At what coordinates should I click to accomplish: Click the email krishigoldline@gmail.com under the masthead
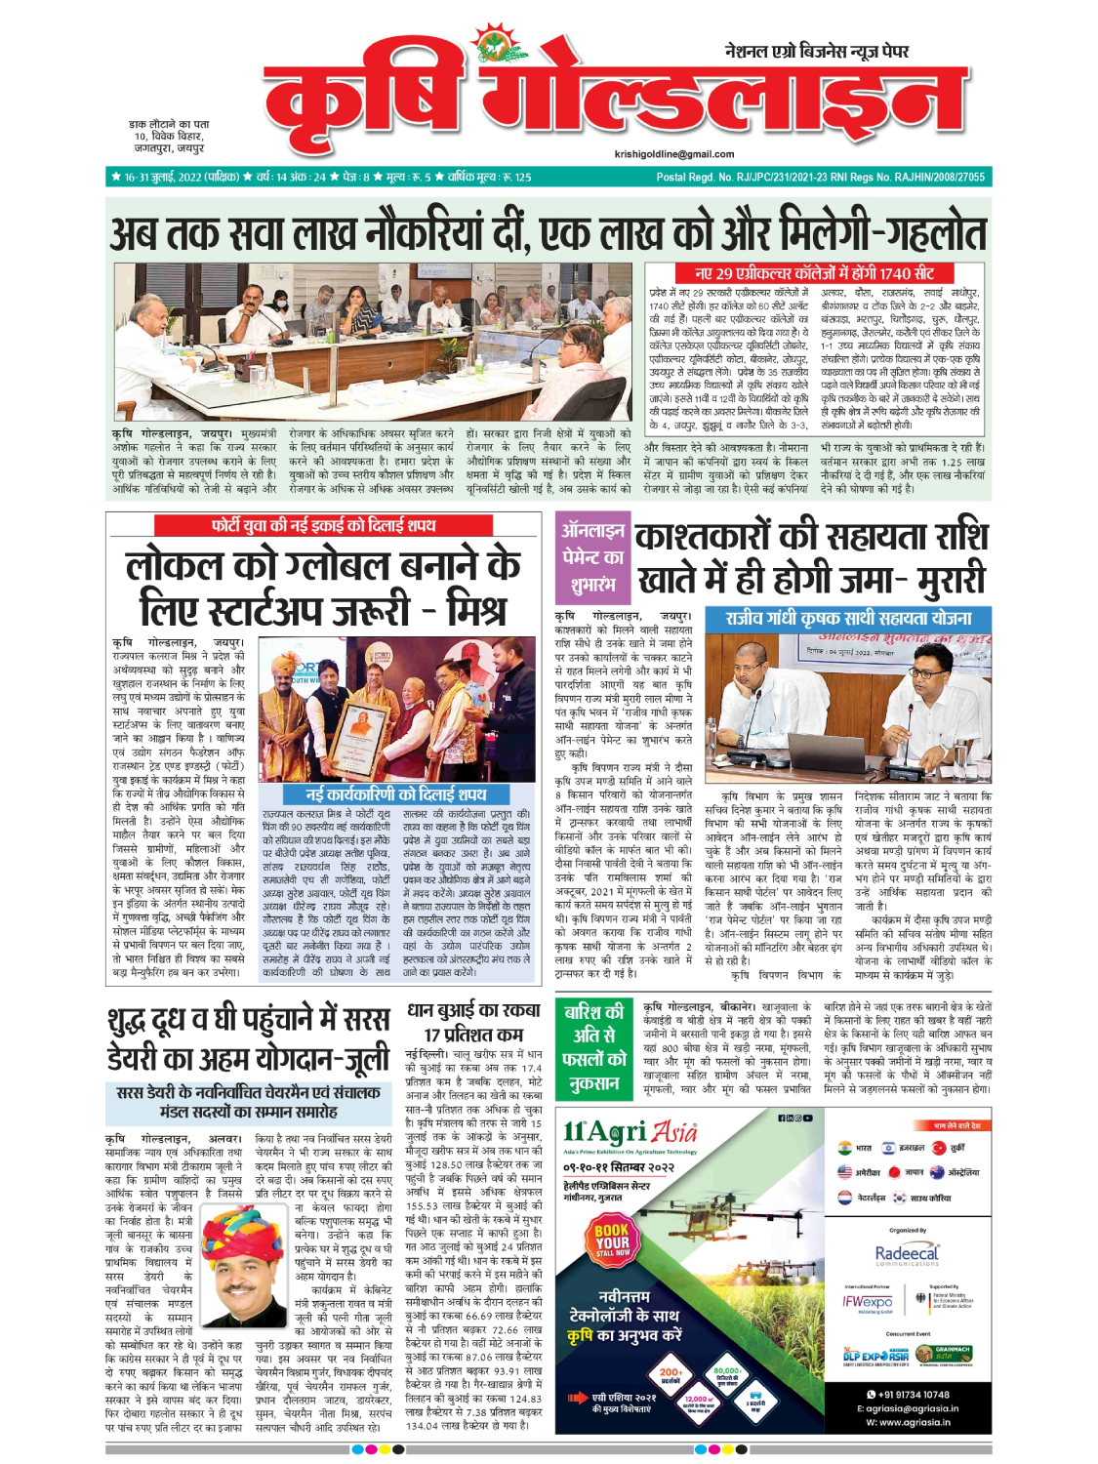click(674, 154)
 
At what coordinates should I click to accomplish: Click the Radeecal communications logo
click(907, 1254)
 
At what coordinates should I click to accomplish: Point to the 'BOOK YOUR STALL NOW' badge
click(612, 1240)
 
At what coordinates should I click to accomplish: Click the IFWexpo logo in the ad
click(868, 1302)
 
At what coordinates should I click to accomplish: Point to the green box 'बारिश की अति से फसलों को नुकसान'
click(593, 1047)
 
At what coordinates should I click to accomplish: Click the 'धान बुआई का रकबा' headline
click(473, 1010)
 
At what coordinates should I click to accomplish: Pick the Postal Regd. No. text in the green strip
click(820, 178)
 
